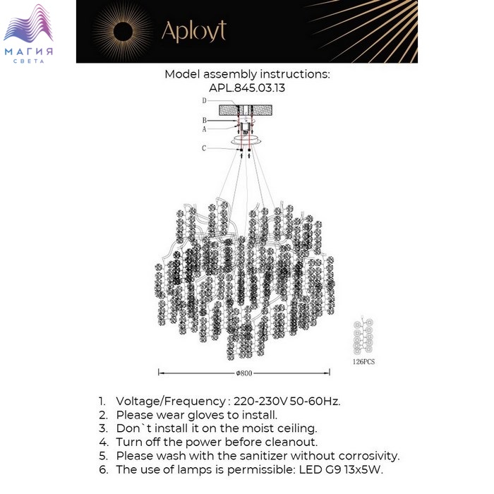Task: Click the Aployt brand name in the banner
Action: pyautogui.click(x=194, y=32)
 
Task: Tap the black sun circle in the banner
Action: pyautogui.click(x=123, y=32)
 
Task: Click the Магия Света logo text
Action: pyautogui.click(x=29, y=55)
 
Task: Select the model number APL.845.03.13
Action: pyautogui.click(x=247, y=88)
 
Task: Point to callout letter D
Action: pyautogui.click(x=204, y=100)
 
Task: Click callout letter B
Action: pyautogui.click(x=204, y=121)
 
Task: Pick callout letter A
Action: pyautogui.click(x=204, y=129)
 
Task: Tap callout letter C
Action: pyautogui.click(x=204, y=148)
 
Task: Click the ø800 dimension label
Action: pyautogui.click(x=244, y=373)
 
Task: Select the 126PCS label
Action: pyautogui.click(x=364, y=361)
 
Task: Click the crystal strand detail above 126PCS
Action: pyautogui.click(x=363, y=335)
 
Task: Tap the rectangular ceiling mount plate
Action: pyautogui.click(x=246, y=110)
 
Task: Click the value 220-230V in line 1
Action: pyautogui.click(x=260, y=402)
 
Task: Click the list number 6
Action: pyautogui.click(x=103, y=470)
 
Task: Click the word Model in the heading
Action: pyautogui.click(x=182, y=74)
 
